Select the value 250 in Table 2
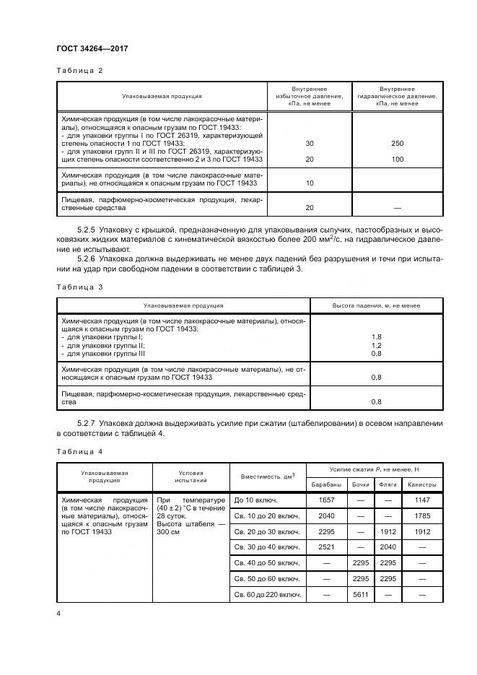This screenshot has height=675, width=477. click(396, 143)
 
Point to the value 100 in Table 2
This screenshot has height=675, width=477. click(396, 159)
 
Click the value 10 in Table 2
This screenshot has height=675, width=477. click(309, 183)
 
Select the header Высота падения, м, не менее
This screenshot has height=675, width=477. click(375, 305)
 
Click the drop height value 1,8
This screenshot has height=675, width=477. click(375, 337)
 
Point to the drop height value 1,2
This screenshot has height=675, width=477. click(375, 345)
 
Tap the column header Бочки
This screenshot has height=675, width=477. click(361, 484)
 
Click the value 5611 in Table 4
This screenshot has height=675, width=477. click(361, 594)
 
